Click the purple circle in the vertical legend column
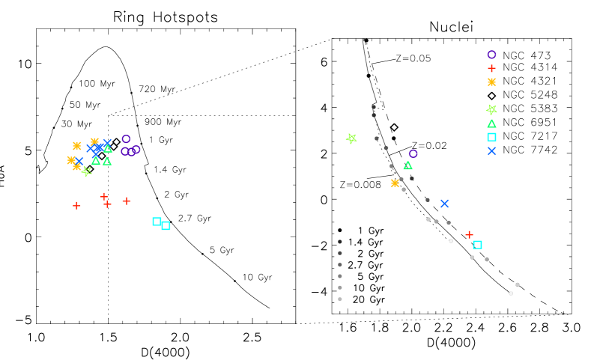491,55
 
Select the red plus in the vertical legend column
491,68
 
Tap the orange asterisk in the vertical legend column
491,82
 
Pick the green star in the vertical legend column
491,109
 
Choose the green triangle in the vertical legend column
491,123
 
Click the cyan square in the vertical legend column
491,137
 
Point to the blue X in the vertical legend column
491,151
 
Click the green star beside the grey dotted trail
351,138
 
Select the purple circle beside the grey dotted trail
413,153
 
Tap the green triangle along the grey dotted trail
407,165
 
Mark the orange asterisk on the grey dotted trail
395,183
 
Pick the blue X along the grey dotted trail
444,204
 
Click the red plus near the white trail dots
469,235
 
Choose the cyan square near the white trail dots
477,245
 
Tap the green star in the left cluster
86,171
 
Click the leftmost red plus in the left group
76,205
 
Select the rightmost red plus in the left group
127,201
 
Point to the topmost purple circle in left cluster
126,138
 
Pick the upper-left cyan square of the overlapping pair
157,222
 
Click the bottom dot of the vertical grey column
340,299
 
